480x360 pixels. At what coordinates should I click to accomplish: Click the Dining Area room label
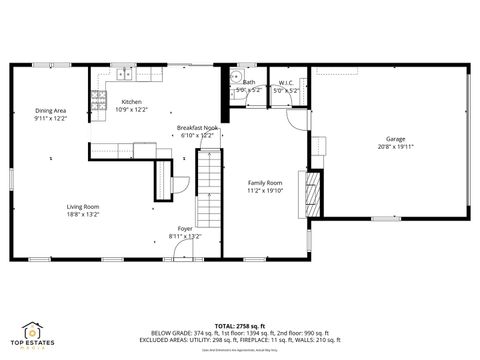(49, 111)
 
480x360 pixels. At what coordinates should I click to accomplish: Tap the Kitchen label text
(131, 102)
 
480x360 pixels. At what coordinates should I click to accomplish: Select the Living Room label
(83, 206)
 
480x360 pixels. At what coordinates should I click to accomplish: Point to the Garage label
(396, 139)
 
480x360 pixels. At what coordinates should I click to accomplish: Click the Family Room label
(265, 182)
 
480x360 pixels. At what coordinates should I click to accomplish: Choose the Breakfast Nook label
(197, 128)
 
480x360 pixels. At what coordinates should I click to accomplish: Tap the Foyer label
(185, 229)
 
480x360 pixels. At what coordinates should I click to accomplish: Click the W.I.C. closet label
(286, 83)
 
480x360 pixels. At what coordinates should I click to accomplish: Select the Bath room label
(249, 83)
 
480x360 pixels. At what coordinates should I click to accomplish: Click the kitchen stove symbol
(99, 99)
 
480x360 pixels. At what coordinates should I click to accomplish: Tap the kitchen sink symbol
(124, 73)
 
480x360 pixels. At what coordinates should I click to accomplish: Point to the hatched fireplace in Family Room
(312, 194)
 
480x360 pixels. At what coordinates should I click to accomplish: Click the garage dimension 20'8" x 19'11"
(396, 147)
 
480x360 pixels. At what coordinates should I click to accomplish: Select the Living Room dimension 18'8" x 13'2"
(83, 214)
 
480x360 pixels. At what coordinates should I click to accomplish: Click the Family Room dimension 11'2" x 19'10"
(265, 190)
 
